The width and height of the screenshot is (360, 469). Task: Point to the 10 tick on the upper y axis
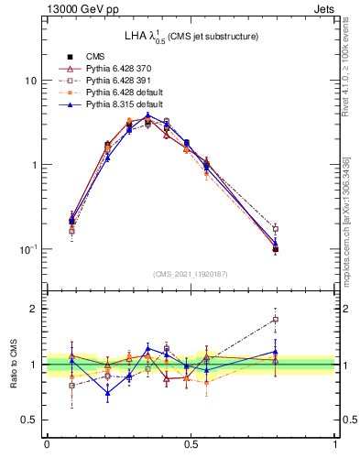[30, 81]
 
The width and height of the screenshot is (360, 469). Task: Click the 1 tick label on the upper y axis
[33, 165]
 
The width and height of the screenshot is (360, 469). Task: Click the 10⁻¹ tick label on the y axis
[27, 248]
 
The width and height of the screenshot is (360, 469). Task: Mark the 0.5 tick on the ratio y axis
[29, 420]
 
